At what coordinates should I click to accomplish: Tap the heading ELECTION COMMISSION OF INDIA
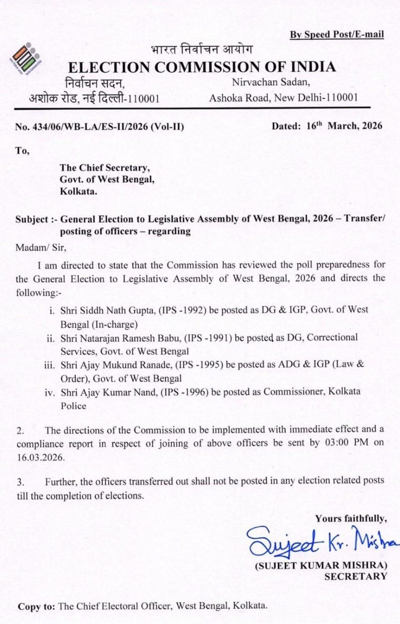202,67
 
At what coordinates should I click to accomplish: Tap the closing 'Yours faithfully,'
351,518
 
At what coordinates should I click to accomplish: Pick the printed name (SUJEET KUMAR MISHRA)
321,566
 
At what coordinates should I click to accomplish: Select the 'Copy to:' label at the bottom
37,606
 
